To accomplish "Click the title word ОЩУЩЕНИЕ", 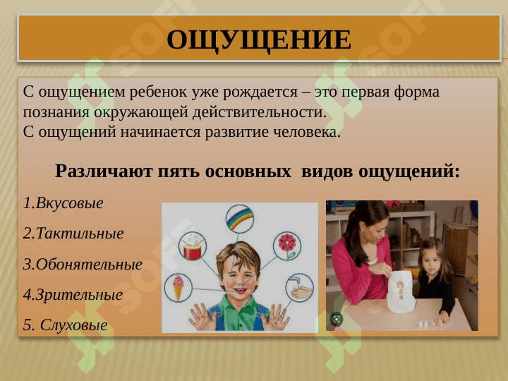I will click(258, 40).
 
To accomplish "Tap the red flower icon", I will click(286, 245).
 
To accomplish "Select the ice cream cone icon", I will click(179, 287).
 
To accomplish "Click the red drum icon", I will click(191, 246).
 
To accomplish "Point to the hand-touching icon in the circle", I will click(299, 287).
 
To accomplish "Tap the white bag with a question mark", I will click(400, 291).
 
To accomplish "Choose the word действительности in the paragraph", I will click(262, 112).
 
